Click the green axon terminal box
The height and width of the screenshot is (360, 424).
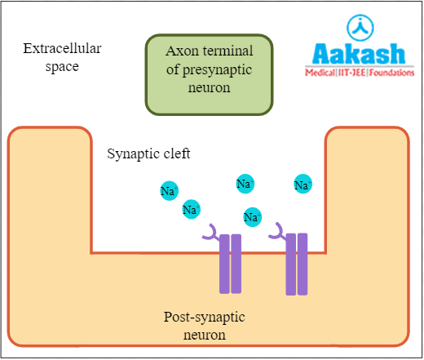click(209, 73)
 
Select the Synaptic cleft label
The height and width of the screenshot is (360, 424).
click(149, 153)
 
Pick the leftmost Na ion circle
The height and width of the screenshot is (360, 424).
click(169, 192)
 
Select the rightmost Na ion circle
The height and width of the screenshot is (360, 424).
click(303, 185)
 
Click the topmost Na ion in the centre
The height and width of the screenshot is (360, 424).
click(245, 184)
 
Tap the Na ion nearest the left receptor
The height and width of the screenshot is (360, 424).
click(191, 210)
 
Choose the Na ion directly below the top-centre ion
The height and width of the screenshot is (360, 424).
click(252, 216)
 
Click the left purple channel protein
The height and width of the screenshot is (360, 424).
click(230, 264)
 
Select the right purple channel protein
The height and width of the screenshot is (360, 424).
click(296, 264)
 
